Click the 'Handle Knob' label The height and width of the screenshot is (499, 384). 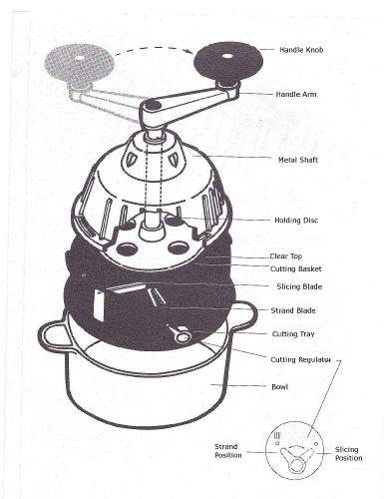point(301,50)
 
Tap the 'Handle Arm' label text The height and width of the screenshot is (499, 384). point(296,94)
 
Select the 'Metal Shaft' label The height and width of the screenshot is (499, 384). point(298,160)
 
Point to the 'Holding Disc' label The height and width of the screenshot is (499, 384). point(296,221)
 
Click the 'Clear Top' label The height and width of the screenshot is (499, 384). point(285,256)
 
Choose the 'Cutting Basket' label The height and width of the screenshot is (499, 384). point(295,268)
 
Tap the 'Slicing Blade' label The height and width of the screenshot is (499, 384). point(299,286)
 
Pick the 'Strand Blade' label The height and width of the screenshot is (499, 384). point(293,310)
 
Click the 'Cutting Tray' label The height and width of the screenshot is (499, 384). point(293,334)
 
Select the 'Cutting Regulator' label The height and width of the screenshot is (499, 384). point(301,359)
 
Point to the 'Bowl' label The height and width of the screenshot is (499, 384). point(280,387)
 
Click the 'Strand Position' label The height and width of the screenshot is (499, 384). point(228,451)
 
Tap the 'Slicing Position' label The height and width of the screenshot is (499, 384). point(348,454)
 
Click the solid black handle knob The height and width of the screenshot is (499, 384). point(228,60)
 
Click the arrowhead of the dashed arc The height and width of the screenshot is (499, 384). point(191,52)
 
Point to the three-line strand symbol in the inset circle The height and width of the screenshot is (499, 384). point(277,435)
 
